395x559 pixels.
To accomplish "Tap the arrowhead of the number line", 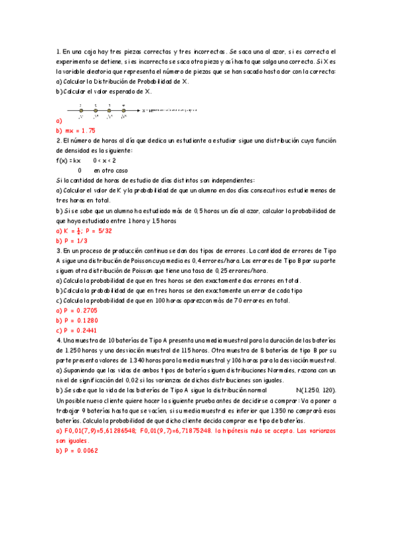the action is coord(140,111).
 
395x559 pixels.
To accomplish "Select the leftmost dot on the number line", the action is coord(80,111).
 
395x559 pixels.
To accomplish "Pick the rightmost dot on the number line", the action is coord(123,111).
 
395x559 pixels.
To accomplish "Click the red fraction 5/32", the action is coord(96,232).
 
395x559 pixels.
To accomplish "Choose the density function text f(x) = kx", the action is coord(69,160).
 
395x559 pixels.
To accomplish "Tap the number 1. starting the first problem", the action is coord(59,51).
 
